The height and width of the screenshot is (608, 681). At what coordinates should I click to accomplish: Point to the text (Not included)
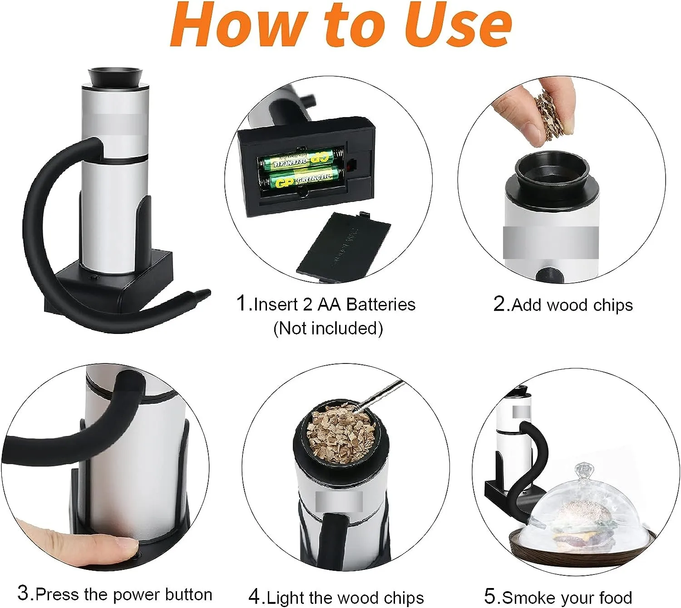tap(328, 328)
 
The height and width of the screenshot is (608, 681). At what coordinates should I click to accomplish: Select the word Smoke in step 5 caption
tap(526, 598)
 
